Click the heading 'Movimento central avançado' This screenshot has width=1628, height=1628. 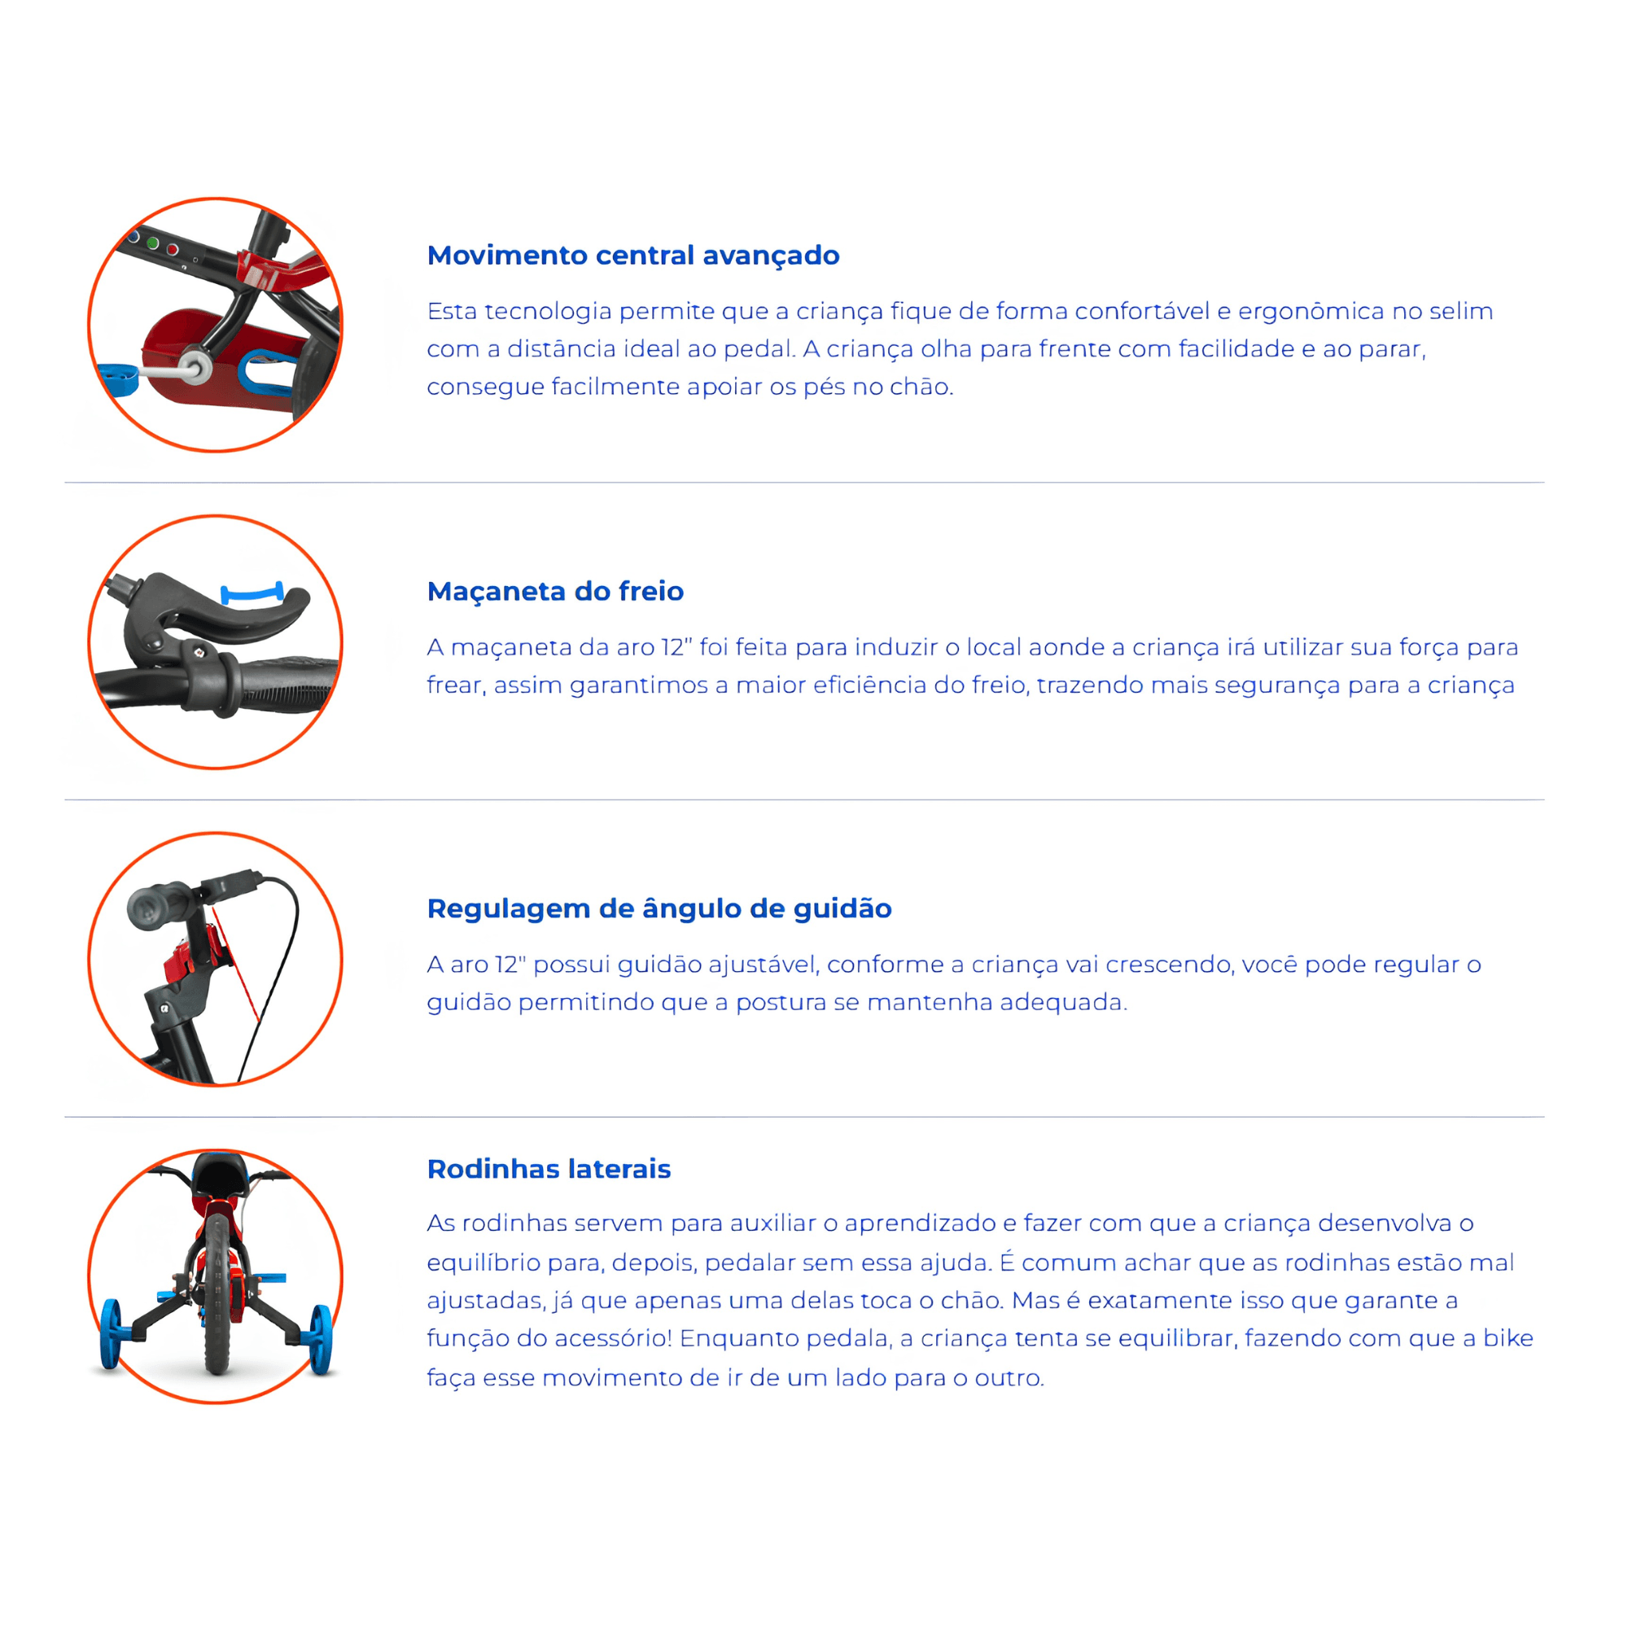(632, 256)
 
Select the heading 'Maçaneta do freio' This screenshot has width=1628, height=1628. (555, 591)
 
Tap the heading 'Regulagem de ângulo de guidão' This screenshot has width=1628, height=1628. (659, 908)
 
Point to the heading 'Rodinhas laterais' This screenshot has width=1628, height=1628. (549, 1169)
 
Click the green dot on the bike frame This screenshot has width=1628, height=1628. (152, 243)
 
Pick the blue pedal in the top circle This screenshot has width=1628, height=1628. (119, 379)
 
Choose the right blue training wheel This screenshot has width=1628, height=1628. (321, 1340)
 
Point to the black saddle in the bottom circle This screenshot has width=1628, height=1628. (219, 1173)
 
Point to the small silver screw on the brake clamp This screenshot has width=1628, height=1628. (199, 650)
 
